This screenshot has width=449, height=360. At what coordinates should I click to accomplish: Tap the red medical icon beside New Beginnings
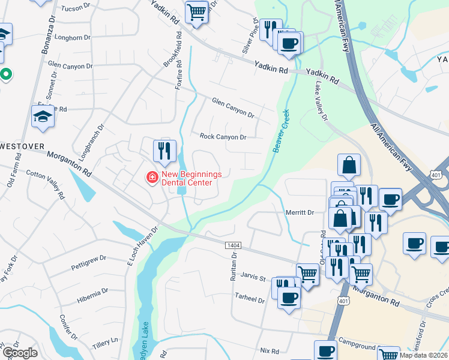152,178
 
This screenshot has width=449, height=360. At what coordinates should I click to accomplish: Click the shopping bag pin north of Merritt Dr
349,164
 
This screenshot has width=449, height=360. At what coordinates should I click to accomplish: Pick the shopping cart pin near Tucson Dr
196,11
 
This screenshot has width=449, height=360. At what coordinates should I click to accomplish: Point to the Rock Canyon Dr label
223,137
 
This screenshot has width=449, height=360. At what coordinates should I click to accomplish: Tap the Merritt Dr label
300,212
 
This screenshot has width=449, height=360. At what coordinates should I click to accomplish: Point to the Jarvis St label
254,278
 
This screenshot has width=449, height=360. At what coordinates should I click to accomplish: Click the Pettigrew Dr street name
88,259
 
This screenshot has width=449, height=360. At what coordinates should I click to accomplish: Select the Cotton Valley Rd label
45,185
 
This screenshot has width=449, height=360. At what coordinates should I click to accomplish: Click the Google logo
19,352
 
